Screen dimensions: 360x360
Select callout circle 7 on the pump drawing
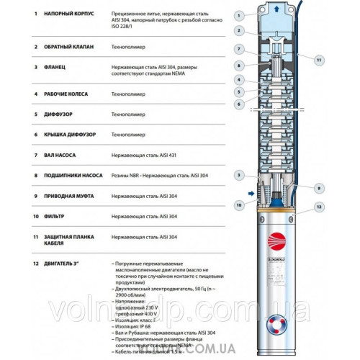(x=238, y=48)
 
